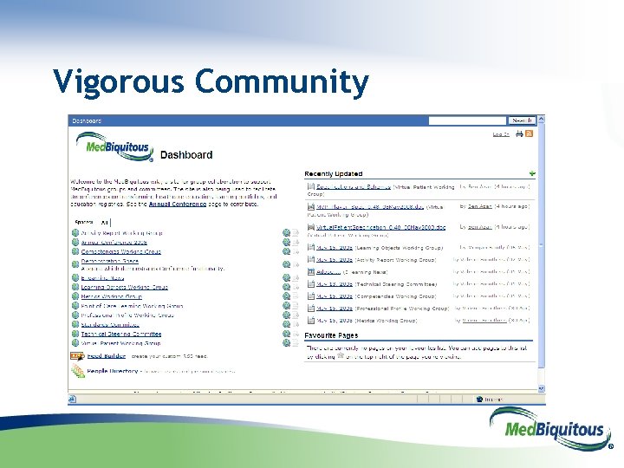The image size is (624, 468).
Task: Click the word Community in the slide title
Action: (283, 83)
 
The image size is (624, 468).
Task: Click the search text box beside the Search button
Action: (467, 120)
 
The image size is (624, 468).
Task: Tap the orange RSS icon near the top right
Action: (530, 134)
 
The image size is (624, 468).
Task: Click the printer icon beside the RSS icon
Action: (519, 134)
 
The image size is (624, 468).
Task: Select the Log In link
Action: (501, 134)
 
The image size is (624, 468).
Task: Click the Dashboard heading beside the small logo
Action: (186, 155)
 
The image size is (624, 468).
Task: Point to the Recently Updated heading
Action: (334, 174)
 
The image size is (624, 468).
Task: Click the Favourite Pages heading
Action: (332, 335)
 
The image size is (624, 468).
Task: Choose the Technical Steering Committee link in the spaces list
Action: (121, 334)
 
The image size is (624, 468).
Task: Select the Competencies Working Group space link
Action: (121, 251)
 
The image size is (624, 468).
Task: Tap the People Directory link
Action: (113, 371)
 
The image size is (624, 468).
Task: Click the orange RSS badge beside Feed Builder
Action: (76, 355)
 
